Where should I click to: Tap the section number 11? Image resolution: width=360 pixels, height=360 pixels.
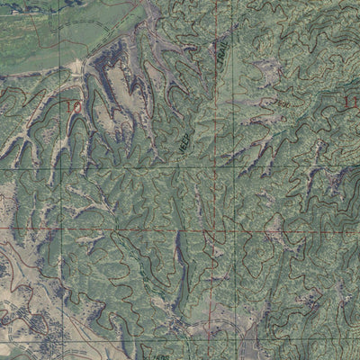pos(351,103)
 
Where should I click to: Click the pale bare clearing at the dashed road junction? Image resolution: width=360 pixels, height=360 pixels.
pos(79,66)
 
